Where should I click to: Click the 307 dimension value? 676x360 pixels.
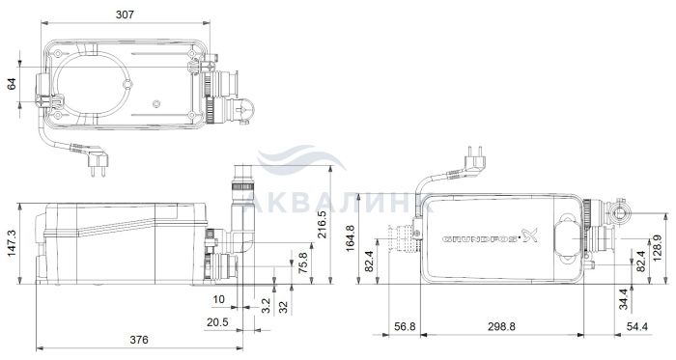pos(125,14)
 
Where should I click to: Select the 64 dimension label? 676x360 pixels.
pos(12,84)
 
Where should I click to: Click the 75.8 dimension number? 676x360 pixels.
pos(303,263)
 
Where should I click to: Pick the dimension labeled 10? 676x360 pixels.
pos(219,299)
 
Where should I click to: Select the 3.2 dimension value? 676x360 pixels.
pos(266,306)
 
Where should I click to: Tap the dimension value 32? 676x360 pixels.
pos(283,307)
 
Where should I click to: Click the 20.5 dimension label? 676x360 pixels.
pos(217,322)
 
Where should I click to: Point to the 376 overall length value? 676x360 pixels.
pos(139,340)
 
